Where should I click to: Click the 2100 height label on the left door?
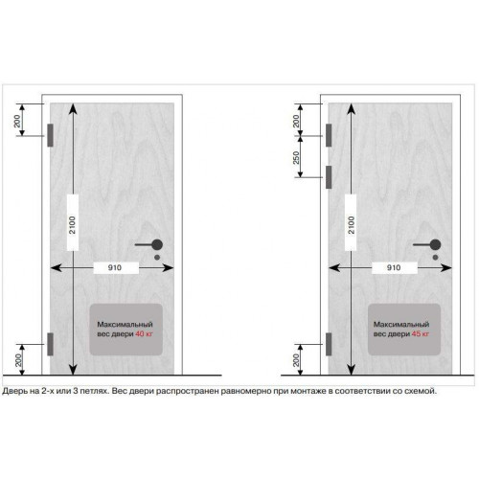tap(73, 225)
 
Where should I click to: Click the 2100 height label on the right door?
tap(351, 225)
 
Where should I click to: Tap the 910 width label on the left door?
tap(115, 267)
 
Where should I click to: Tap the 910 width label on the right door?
tap(394, 267)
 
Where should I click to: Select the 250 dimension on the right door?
tap(296, 157)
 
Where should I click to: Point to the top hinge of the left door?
tap(50, 135)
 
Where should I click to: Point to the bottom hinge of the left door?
tap(50, 344)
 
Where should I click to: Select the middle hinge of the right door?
tap(329, 177)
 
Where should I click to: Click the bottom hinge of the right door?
tap(329, 344)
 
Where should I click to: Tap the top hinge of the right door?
tap(329, 135)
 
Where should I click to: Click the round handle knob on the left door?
tap(157, 245)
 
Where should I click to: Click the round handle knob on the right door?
tap(435, 245)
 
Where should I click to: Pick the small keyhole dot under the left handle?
tap(157, 257)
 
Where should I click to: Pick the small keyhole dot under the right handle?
tap(435, 257)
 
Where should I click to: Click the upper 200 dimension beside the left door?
tap(17, 121)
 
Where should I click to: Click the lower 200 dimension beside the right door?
tap(296, 360)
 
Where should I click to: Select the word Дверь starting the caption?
tap(15, 391)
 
